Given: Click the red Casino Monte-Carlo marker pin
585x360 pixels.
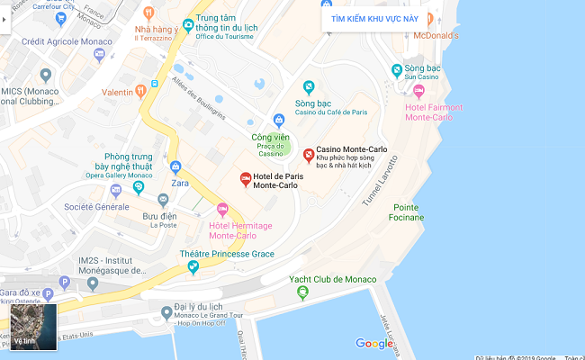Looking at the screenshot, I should tap(309, 156).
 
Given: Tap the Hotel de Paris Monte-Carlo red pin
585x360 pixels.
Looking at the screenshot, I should tap(245, 178).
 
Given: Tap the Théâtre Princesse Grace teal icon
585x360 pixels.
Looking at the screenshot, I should tap(206, 266).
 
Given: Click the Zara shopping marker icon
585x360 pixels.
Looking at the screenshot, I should tap(176, 166).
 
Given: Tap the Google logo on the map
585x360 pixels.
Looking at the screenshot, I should tap(374, 343).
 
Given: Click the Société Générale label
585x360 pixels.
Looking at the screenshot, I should tap(96, 207).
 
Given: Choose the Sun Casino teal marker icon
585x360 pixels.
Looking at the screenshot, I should tap(396, 70).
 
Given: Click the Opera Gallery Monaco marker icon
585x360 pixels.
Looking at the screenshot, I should tap(139, 187).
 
